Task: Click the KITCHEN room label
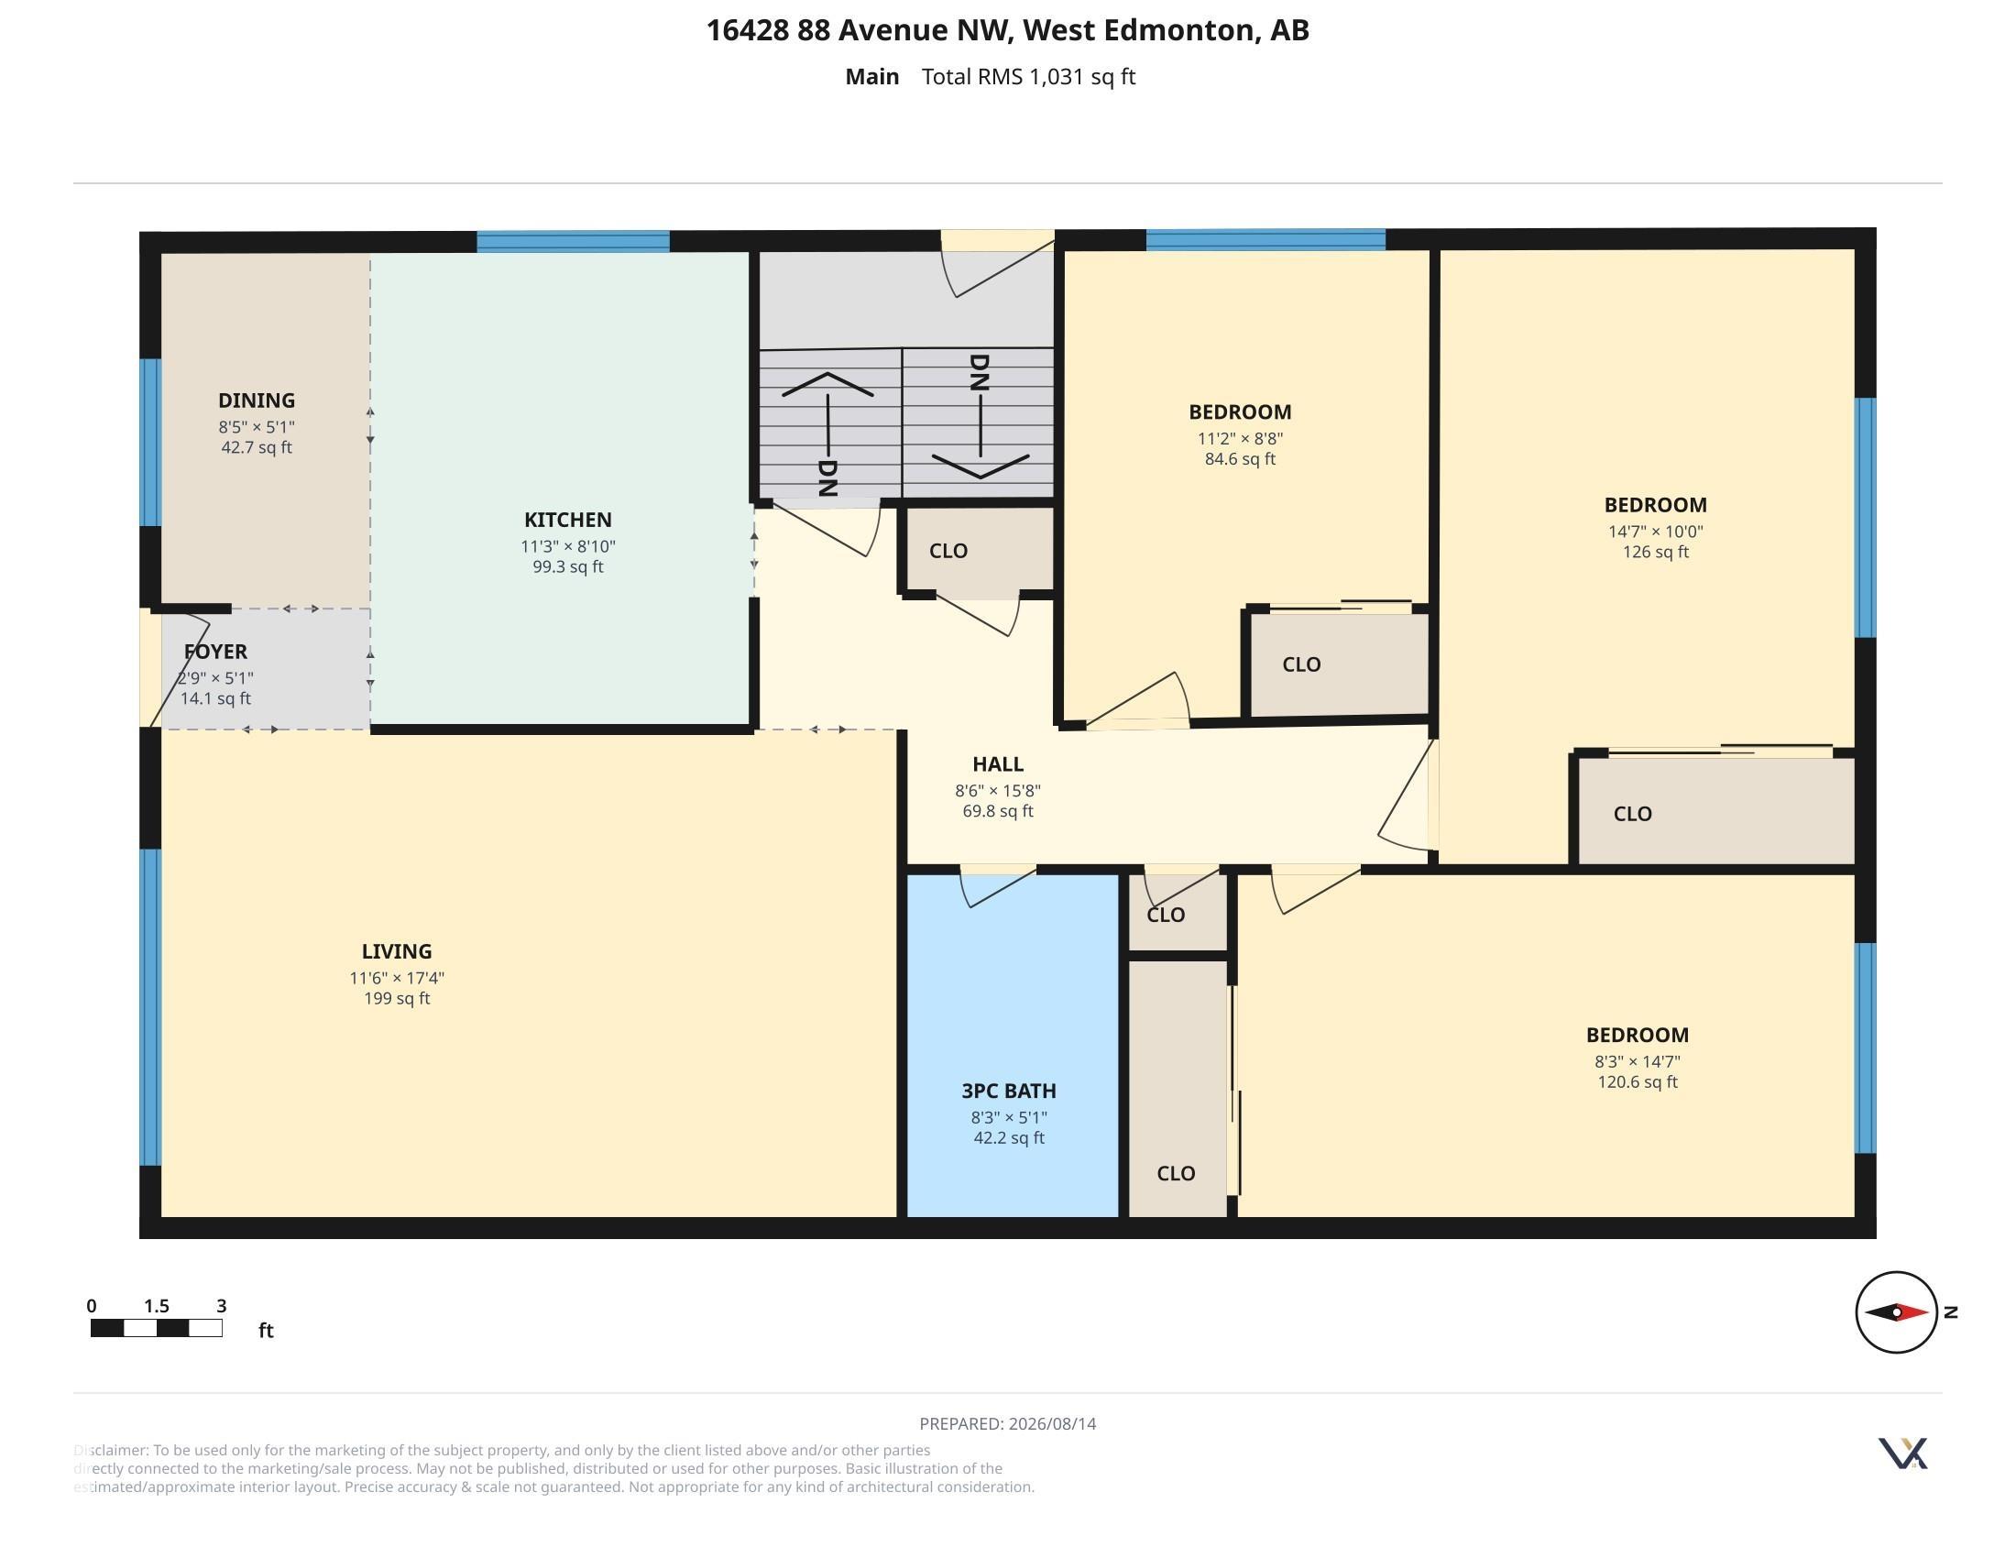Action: coord(568,520)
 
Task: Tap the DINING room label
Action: coord(257,400)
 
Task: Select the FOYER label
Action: coord(215,652)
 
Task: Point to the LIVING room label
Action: coord(397,951)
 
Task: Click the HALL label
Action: coord(998,764)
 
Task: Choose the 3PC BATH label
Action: coord(1009,1091)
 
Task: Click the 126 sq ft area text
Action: coord(1656,552)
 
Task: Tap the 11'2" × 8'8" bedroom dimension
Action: coord(1241,438)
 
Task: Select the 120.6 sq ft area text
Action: coord(1638,1081)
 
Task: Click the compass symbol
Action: coord(1896,1311)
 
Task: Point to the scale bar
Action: coord(156,1328)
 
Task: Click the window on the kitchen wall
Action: coord(574,242)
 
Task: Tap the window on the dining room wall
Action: coord(150,442)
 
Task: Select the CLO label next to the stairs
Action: coord(949,551)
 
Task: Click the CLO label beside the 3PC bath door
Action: coord(1166,915)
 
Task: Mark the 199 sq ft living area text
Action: coord(397,999)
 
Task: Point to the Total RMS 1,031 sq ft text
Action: coord(1028,77)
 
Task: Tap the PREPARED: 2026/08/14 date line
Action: coord(1008,1423)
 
